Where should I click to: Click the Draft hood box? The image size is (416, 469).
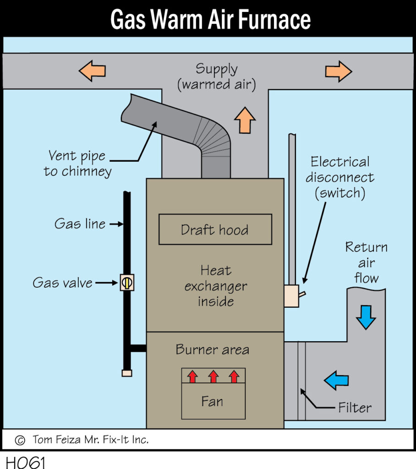[215, 229]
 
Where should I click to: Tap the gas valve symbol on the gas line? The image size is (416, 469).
[127, 283]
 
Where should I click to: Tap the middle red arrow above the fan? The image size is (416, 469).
[213, 376]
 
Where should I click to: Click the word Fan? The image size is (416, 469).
[212, 402]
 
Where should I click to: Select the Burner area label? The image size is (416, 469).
[213, 350]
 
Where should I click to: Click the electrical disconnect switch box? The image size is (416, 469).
[292, 296]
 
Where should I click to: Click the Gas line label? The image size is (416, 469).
[80, 224]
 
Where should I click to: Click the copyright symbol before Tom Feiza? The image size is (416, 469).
[20, 440]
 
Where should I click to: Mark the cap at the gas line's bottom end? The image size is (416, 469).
[127, 373]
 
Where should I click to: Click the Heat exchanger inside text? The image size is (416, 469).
[215, 286]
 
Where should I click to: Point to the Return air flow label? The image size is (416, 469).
[367, 262]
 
